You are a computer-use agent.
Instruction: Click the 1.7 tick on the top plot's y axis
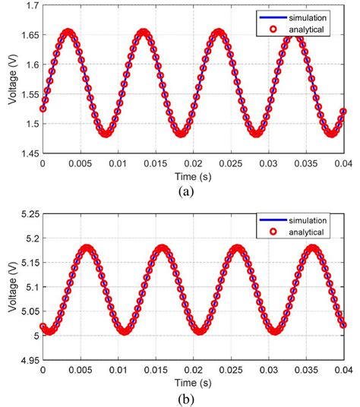tap(30, 6)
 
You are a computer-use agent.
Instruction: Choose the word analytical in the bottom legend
tap(307, 233)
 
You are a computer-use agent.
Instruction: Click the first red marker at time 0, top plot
tap(43, 108)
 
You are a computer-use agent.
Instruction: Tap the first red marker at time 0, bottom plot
tap(43, 327)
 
